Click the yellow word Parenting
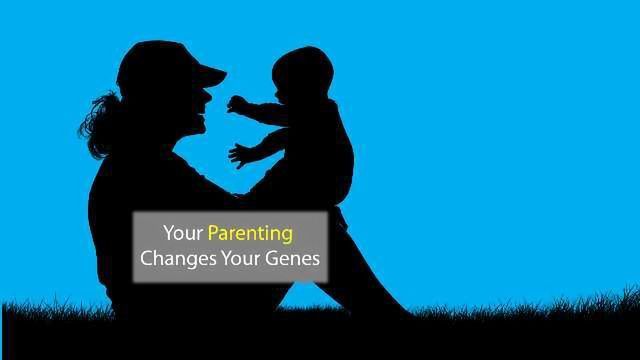(x=250, y=234)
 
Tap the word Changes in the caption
(x=174, y=259)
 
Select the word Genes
(x=295, y=259)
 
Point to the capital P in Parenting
(x=213, y=234)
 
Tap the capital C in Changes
(x=146, y=259)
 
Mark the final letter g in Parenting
(x=287, y=236)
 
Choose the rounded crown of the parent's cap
(x=155, y=57)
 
